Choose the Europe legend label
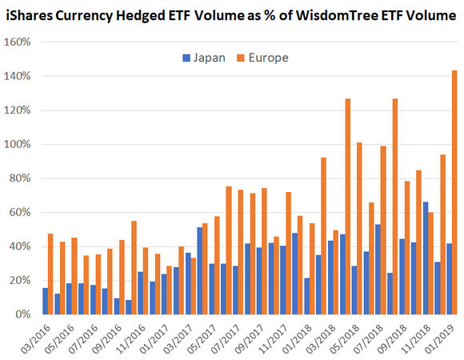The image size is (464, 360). (x=270, y=57)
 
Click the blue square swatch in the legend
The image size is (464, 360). (x=186, y=58)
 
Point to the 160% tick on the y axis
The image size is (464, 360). (x=18, y=42)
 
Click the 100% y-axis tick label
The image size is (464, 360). (x=18, y=144)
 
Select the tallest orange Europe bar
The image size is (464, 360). (x=454, y=192)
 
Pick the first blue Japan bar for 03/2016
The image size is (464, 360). (x=45, y=301)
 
